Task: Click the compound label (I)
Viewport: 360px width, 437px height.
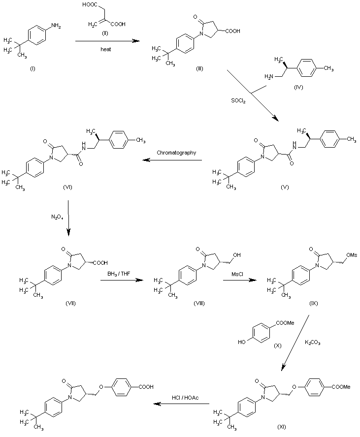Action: pyautogui.click(x=33, y=68)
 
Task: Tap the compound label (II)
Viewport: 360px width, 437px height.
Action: pyautogui.click(x=105, y=33)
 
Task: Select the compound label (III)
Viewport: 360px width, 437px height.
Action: pyautogui.click(x=199, y=68)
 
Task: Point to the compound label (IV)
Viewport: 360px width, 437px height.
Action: pyautogui.click(x=298, y=87)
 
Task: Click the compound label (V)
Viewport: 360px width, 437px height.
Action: pyautogui.click(x=285, y=187)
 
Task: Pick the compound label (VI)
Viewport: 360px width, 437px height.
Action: pyautogui.click(x=68, y=187)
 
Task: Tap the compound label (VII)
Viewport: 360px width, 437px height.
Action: pyautogui.click(x=70, y=303)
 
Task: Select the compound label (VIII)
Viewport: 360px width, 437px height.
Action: pyautogui.click(x=199, y=303)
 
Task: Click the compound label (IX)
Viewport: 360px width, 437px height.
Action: pyautogui.click(x=313, y=303)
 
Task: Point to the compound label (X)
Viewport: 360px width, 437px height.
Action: pyautogui.click(x=277, y=345)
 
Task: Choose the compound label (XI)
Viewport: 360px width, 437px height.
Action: pyautogui.click(x=282, y=426)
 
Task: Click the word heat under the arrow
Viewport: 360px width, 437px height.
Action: pyautogui.click(x=106, y=49)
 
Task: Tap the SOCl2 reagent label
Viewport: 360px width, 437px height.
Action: pyautogui.click(x=238, y=100)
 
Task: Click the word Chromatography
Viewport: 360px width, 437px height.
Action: pyautogui.click(x=176, y=153)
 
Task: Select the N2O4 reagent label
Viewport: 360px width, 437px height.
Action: pyautogui.click(x=57, y=217)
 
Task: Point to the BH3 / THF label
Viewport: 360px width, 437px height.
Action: pyautogui.click(x=119, y=274)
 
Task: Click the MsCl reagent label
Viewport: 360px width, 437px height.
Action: pyautogui.click(x=237, y=274)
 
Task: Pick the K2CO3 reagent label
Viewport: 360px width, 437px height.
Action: pyautogui.click(x=313, y=343)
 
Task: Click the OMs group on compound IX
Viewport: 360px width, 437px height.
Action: pyautogui.click(x=352, y=255)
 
